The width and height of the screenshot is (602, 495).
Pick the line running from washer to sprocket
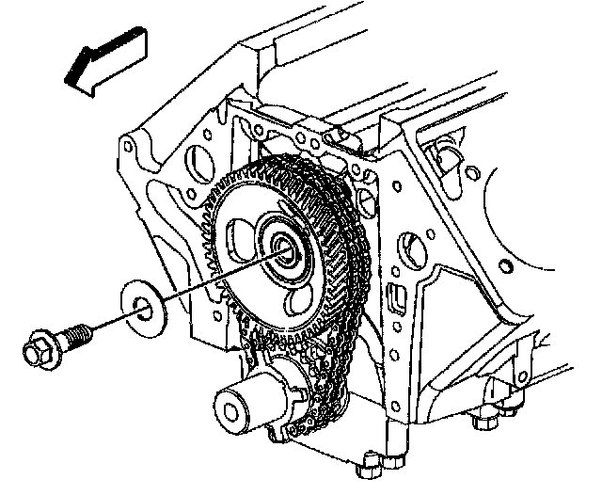(x=216, y=277)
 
